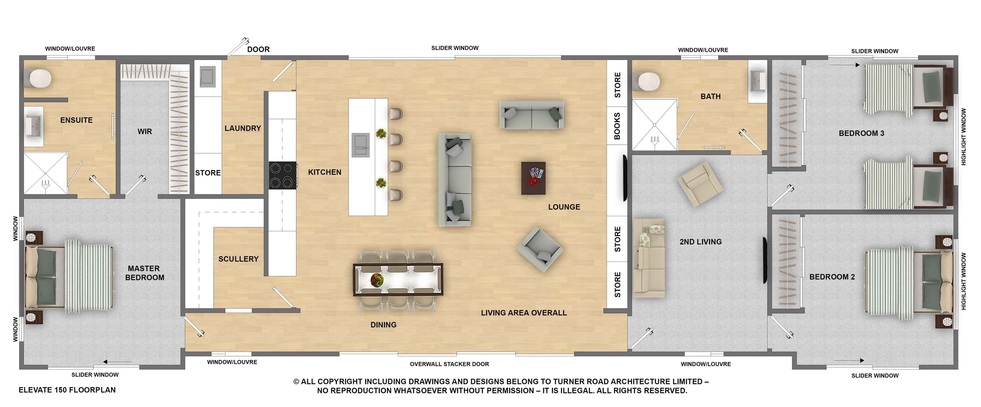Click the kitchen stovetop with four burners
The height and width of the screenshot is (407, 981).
(282, 175)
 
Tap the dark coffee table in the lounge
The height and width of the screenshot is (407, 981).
(533, 178)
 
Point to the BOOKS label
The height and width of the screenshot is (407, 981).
(617, 126)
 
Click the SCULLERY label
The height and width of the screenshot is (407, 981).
(238, 259)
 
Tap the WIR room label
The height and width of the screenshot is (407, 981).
(145, 132)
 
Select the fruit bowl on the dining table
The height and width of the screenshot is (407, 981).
(377, 280)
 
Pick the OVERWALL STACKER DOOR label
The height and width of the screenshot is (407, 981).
(449, 364)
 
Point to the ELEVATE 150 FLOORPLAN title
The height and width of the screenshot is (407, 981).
(67, 390)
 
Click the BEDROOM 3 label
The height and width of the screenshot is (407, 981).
(861, 133)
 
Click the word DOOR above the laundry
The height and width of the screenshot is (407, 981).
(258, 50)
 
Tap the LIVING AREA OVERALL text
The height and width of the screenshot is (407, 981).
(524, 313)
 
